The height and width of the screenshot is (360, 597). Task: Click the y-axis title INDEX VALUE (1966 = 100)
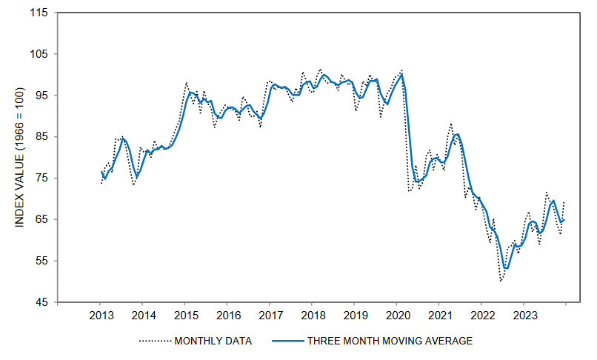pyautogui.click(x=20, y=157)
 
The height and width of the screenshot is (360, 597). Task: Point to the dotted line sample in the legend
pyautogui.click(x=154, y=341)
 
